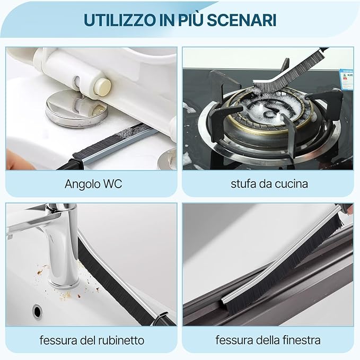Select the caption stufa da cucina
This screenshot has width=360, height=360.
point(269,184)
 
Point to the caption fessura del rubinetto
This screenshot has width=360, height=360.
point(91,339)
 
